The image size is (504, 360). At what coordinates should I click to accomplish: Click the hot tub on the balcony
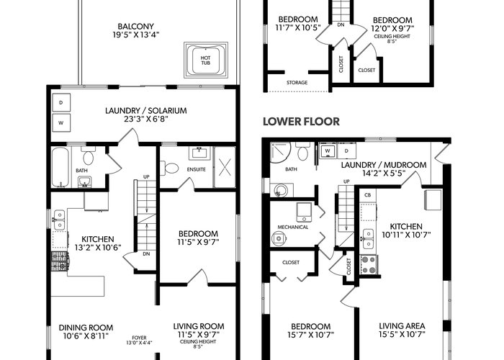(x=206, y=60)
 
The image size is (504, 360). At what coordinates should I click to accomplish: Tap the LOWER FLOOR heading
(x=301, y=122)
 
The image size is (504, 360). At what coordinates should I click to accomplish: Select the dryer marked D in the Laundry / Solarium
(x=61, y=102)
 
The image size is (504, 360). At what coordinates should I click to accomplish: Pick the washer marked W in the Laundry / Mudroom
(x=328, y=150)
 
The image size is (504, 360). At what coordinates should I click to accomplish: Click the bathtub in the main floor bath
(x=60, y=167)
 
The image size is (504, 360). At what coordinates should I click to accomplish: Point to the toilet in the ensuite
(x=169, y=168)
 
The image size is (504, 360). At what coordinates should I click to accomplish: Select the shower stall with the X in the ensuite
(x=225, y=167)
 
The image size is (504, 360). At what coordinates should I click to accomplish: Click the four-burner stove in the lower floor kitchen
(x=369, y=264)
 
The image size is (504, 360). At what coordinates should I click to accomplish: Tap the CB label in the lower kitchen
(x=368, y=195)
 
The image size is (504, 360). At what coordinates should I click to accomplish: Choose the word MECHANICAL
(x=293, y=228)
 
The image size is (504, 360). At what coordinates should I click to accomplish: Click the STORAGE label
(x=297, y=83)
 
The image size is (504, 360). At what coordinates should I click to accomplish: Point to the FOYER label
(x=139, y=338)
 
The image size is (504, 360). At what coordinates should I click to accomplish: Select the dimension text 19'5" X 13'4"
(x=136, y=35)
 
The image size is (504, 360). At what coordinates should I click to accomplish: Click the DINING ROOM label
(x=86, y=328)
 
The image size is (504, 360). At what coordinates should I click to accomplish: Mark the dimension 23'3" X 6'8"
(x=146, y=119)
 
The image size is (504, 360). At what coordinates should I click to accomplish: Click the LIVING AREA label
(x=402, y=326)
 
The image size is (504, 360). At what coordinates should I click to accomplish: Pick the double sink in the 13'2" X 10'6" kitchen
(x=59, y=220)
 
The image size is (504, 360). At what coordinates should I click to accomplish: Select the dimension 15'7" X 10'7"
(x=311, y=335)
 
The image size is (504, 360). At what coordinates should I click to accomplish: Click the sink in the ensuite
(x=199, y=153)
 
